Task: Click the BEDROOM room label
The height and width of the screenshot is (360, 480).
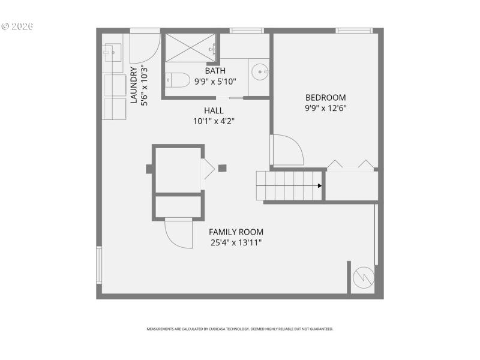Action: [x=325, y=98]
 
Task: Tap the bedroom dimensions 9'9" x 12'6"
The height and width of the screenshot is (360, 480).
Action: [x=325, y=109]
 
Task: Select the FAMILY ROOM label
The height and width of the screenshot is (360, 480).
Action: [x=236, y=232]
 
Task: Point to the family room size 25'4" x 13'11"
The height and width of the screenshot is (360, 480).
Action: [x=236, y=243]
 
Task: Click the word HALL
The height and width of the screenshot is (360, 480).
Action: [x=213, y=110]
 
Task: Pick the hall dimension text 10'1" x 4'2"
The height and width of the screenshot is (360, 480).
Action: [x=213, y=121]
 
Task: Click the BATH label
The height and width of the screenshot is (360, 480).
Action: [x=215, y=71]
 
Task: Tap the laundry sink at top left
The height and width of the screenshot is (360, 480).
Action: [x=112, y=53]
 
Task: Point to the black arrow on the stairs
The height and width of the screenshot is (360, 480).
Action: [x=320, y=185]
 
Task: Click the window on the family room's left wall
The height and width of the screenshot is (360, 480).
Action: [x=99, y=264]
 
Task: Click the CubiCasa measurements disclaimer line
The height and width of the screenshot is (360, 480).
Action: [x=240, y=329]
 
